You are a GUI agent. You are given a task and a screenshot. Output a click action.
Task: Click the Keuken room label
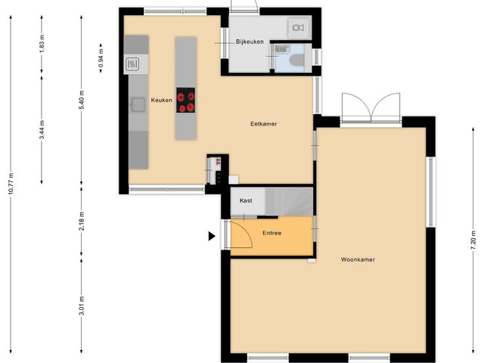point(161,100)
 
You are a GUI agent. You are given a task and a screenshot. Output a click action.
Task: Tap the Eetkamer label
point(264,124)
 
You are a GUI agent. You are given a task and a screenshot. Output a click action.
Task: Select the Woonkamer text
point(358,259)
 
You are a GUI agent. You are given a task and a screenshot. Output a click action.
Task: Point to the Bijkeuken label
point(250,42)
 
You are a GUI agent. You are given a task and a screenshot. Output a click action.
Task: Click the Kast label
point(246,200)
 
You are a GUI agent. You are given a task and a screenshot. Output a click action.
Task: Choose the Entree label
point(272,233)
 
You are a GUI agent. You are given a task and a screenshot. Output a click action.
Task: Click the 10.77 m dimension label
point(11,184)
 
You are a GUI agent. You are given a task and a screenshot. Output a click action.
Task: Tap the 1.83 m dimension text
point(42,44)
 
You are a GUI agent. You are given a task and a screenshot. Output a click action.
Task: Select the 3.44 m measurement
point(42,129)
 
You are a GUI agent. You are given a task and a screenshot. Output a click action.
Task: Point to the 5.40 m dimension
point(82,100)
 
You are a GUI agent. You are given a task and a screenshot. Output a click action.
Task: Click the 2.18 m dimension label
point(82,221)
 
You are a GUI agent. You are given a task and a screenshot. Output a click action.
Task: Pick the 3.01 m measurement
point(82,306)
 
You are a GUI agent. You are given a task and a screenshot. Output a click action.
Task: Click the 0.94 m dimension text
point(101,58)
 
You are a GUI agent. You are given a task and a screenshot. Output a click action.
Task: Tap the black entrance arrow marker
point(212,236)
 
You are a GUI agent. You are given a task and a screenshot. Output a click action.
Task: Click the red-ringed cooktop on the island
point(185,100)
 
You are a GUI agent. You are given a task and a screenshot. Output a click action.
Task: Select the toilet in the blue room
point(297,60)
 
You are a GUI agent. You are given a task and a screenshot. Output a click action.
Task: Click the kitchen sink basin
point(138,105)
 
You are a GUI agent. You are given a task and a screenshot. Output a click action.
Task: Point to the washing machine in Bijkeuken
point(297,28)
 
